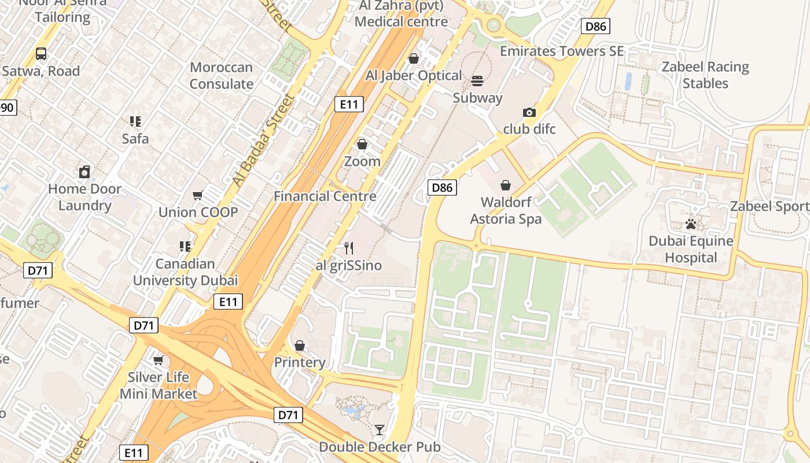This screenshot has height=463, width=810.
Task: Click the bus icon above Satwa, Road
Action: pos(41,54)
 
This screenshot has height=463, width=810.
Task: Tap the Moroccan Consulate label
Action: pos(221,76)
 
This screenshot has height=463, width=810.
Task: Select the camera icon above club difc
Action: pos(529,112)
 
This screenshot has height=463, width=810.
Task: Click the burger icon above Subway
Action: pos(477,80)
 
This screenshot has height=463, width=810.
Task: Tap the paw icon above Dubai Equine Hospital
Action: pos(690,223)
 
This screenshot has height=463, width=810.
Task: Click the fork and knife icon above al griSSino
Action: pos(348,248)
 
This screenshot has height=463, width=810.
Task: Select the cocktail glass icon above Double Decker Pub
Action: pos(379,429)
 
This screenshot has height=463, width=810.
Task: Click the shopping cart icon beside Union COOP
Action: pos(198,196)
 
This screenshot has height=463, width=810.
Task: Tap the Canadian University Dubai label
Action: pos(185,272)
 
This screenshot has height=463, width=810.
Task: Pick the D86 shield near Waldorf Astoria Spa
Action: pos(442,187)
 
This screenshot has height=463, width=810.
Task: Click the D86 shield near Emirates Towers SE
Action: pos(596,25)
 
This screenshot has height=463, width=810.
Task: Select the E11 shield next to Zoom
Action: pos(349,104)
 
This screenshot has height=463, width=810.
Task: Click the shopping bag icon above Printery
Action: pos(299,346)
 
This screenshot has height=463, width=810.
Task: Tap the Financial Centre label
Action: pos(325,196)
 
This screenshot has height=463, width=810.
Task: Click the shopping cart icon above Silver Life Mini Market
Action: pos(158,361)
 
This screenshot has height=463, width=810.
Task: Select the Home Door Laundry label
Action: pos(84,197)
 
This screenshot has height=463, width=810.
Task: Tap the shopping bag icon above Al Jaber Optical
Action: pos(413,58)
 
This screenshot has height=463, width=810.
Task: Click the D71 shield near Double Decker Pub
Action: pos(288,414)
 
